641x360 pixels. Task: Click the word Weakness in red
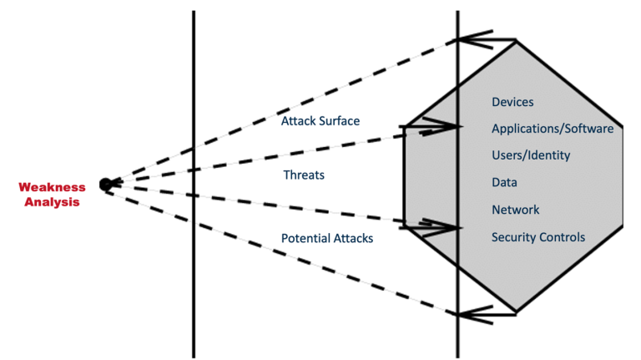coord(52,187)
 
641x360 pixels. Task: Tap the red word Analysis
coord(52,202)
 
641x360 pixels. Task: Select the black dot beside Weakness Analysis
coord(105,185)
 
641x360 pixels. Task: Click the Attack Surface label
coord(320,121)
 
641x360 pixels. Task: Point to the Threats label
coord(304,175)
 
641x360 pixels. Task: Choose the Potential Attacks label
coord(327,239)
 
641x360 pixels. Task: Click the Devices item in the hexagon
coord(512,102)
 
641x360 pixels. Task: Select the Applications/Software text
coord(553,129)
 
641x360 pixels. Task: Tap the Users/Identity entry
coord(531,155)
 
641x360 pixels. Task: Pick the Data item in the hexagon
coord(504,182)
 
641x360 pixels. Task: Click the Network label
coord(516,210)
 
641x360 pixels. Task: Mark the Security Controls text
coord(538,237)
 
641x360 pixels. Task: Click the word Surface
coord(340,121)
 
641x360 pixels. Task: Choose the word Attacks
coord(353,239)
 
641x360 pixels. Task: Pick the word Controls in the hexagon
coord(562,237)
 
